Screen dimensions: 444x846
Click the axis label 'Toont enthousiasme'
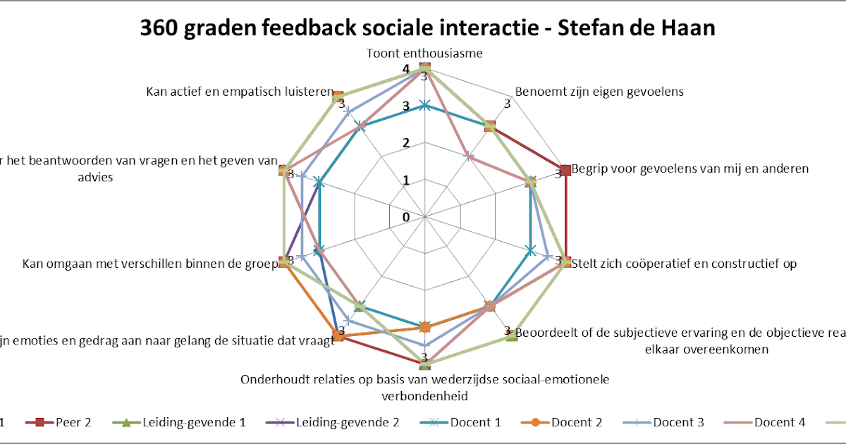(x=424, y=54)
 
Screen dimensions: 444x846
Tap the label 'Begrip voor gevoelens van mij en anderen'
(x=689, y=169)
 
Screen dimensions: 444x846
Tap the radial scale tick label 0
(x=406, y=217)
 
